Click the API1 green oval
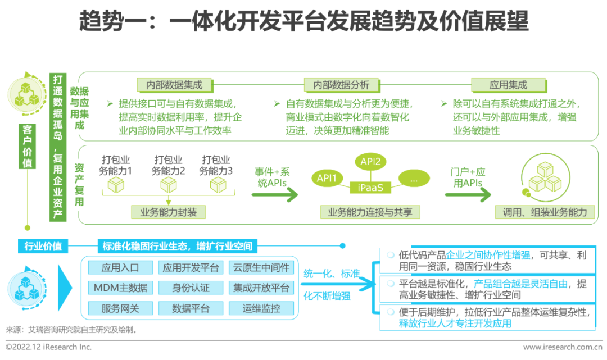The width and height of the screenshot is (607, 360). pos(327,179)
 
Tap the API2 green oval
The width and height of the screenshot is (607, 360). pos(370,162)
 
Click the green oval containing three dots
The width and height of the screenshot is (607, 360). pos(414,179)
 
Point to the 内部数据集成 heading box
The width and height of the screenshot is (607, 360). pos(174,85)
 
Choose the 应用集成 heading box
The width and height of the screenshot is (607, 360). pos(508,85)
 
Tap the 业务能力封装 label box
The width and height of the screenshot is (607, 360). pos(169,212)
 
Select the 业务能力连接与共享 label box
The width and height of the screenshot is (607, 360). pos(370,212)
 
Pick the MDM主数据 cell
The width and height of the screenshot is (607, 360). pos(120,288)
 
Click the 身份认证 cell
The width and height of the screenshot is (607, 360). pos(191,288)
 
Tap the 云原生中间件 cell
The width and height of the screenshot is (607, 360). pos(261,267)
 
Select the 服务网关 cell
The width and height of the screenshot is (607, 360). pos(120,308)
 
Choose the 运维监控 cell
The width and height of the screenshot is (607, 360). pos(261,308)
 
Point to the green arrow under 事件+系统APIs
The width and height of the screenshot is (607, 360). pos(274,195)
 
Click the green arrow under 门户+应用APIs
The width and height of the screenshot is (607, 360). pos(468,195)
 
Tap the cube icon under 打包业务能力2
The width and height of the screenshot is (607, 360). pos(169,185)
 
